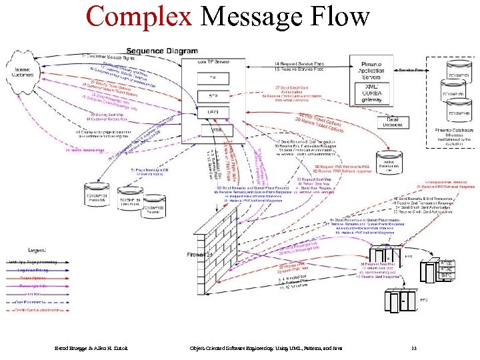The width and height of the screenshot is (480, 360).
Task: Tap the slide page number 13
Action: [x=414, y=347]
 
